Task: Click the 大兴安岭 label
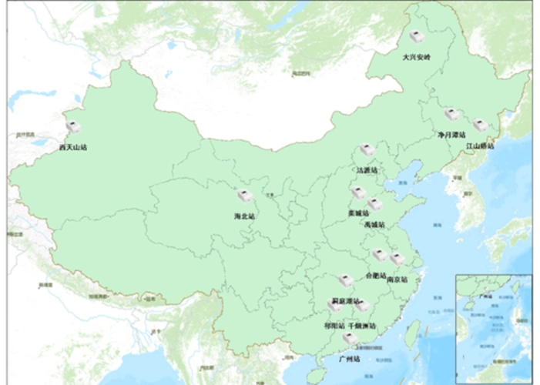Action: coord(417,57)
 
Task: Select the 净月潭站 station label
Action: coord(451,134)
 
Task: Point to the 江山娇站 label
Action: coord(480,145)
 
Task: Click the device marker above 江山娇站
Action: coord(481,126)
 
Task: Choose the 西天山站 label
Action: coord(73,146)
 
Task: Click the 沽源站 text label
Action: coord(367,170)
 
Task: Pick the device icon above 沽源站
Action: coord(367,151)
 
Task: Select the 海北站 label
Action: coord(244,216)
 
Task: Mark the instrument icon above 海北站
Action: coord(244,196)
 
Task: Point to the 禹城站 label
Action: coord(375,224)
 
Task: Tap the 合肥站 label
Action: coord(375,275)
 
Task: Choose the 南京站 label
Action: coord(397,279)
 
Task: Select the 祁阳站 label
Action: coord(335,326)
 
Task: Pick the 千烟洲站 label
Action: coord(362,326)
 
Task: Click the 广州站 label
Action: coord(350,359)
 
